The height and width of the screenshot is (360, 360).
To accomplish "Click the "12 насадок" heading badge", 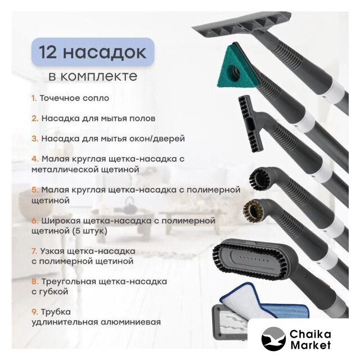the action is [93, 52].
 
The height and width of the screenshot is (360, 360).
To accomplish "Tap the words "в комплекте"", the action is [93, 76].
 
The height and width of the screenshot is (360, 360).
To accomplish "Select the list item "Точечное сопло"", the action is [74, 98].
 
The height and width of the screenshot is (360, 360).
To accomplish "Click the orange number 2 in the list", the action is [35, 119].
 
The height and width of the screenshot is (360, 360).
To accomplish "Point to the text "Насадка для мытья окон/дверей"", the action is [113, 139].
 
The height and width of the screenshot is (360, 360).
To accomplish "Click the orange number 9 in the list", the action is [35, 312].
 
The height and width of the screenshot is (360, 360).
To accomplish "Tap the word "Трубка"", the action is [56, 312].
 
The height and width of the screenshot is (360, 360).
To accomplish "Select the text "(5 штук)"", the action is [90, 231].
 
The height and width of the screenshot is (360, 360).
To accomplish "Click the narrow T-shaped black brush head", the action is [249, 124].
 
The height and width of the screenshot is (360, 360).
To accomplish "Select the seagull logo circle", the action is [273, 339].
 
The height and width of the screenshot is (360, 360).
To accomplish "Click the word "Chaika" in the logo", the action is [310, 334].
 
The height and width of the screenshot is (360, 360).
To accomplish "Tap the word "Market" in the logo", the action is [310, 345].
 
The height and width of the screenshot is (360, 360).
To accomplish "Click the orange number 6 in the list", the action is [35, 221].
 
